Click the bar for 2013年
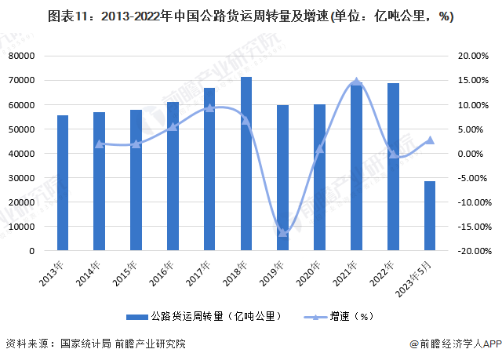63,183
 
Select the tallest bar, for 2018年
246,164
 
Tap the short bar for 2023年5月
430,216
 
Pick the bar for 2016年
173,176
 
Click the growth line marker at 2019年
283,232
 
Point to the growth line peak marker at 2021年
356,82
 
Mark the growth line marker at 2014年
100,144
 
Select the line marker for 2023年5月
430,140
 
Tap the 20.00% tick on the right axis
461,56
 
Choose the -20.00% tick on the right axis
461,251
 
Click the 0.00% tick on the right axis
464,154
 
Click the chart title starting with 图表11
250,16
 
